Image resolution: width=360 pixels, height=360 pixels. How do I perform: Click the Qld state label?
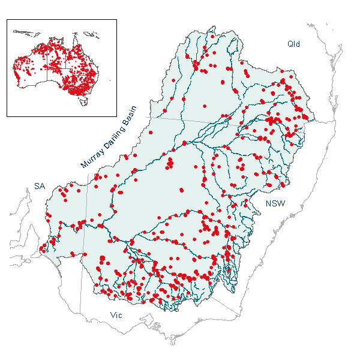[x=293, y=44]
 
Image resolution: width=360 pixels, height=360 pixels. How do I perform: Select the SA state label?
[x=39, y=187]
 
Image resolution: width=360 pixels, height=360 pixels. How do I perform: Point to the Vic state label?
[x=116, y=314]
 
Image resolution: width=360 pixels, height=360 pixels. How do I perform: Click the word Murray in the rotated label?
[x=92, y=157]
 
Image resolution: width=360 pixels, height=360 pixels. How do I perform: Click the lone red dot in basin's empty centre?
[x=182, y=190]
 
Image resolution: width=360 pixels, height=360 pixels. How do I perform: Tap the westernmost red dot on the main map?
[x=41, y=249]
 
